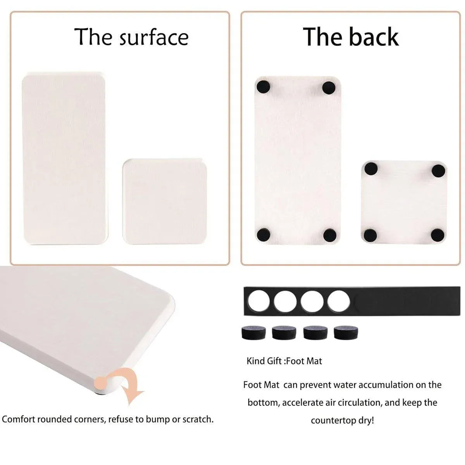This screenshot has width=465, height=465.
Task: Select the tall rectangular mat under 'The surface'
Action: pos(65,158)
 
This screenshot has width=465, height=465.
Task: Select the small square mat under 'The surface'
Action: pos(165,201)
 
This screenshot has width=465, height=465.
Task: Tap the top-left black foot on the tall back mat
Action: pos(263,87)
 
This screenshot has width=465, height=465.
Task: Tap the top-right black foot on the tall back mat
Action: pos(329,88)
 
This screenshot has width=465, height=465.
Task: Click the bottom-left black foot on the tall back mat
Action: pos(263,234)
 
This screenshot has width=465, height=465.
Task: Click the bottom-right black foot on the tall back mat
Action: pos(330,235)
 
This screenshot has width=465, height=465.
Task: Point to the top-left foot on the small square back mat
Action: pos(371,169)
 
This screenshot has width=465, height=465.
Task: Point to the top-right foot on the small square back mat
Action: pos(438,170)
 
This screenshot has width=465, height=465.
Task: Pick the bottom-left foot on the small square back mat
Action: pos(370,235)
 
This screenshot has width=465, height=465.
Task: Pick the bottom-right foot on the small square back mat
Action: pos(437,235)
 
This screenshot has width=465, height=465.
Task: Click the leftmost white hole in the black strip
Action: pos(259,301)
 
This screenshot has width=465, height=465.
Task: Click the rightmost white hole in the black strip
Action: pos(338,301)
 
